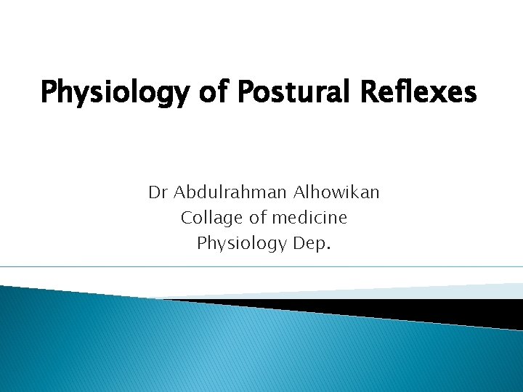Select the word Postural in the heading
point(275,93)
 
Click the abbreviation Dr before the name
point(158,192)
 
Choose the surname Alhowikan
point(337,192)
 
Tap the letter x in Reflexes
point(432,94)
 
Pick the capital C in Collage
point(186,218)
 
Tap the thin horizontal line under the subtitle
point(261,266)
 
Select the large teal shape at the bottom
point(218,348)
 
